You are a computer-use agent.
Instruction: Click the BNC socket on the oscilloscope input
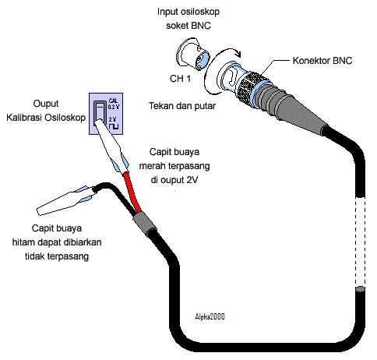click(192, 55)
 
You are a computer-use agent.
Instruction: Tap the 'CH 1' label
click(180, 79)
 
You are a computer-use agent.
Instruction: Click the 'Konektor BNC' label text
click(322, 61)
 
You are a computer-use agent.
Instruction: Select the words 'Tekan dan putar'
click(182, 106)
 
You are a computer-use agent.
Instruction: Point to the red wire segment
click(132, 192)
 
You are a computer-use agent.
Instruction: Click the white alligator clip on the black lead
click(65, 200)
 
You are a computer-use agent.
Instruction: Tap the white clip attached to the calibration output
click(111, 146)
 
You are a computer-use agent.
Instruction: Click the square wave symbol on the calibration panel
click(114, 126)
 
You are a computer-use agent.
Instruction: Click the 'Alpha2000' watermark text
click(210, 316)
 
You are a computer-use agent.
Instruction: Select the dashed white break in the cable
click(360, 242)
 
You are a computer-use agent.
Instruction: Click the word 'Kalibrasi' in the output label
click(24, 118)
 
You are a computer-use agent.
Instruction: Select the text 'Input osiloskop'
click(188, 12)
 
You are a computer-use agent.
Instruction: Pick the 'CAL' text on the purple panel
click(113, 101)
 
